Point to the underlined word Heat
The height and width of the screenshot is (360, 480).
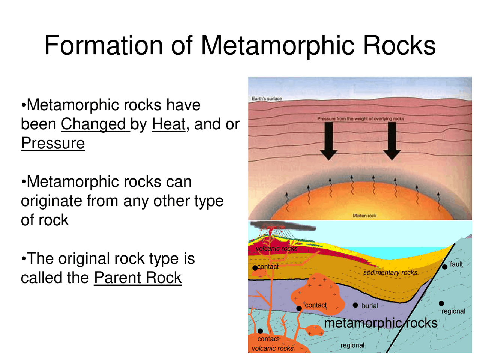(168, 124)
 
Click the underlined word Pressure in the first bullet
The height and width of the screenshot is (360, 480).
(53, 144)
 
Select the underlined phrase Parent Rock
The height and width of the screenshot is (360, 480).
(138, 278)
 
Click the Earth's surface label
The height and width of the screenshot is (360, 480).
(267, 99)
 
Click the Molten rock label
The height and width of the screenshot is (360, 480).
(364, 216)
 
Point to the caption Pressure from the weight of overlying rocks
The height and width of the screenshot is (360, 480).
(360, 119)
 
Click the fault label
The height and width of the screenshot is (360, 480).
(456, 264)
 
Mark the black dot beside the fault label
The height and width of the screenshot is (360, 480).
(444, 267)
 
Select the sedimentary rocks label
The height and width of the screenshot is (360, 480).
(390, 273)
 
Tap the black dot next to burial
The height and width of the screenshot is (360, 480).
(355, 305)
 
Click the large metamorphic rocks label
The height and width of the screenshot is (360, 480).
(381, 323)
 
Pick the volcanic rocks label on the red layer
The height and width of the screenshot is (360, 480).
(276, 248)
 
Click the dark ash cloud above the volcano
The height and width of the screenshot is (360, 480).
(285, 226)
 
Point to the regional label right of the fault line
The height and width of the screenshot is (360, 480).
(453, 311)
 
